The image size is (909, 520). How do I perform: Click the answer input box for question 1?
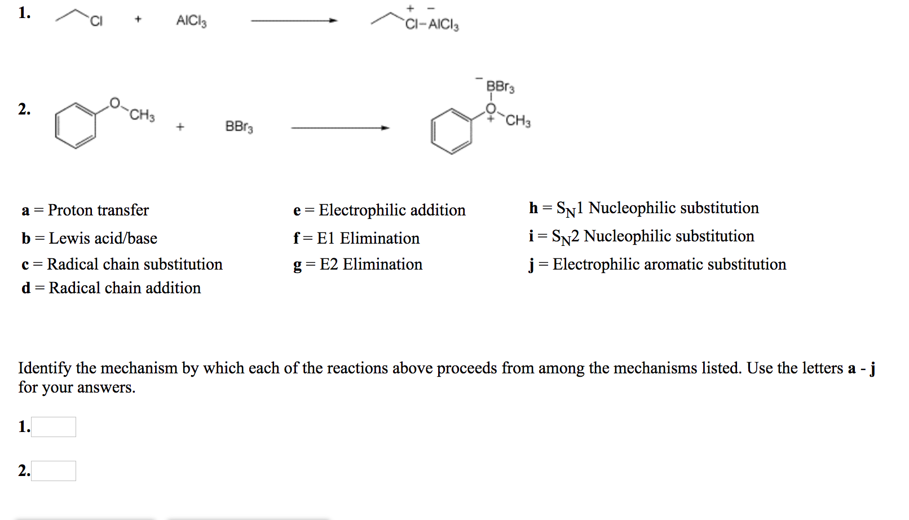(54, 427)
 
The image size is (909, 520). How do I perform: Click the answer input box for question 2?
(54, 471)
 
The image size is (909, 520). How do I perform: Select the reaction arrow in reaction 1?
(294, 21)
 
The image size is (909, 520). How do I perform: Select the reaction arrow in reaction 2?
(340, 128)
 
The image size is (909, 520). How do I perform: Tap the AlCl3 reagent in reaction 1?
(191, 21)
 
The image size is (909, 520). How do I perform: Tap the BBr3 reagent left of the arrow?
(239, 126)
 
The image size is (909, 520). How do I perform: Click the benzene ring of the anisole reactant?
(76, 126)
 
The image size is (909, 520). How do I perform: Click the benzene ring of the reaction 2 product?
(451, 131)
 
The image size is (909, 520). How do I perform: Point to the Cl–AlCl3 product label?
(432, 24)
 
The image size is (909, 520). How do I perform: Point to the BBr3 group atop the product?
(500, 87)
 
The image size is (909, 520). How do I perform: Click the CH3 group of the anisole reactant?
(142, 115)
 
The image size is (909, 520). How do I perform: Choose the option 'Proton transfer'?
(98, 210)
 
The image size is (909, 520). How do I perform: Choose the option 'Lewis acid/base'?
(103, 239)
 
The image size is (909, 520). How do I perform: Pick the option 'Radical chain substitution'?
(134, 265)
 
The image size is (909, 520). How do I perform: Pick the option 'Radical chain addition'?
(124, 288)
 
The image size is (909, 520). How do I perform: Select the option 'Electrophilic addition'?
(392, 210)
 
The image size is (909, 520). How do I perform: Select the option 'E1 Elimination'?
(368, 239)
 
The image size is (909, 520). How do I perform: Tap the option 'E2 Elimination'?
(370, 265)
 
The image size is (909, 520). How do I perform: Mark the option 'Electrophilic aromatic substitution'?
(669, 265)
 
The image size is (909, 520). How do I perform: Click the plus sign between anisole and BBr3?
(180, 127)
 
